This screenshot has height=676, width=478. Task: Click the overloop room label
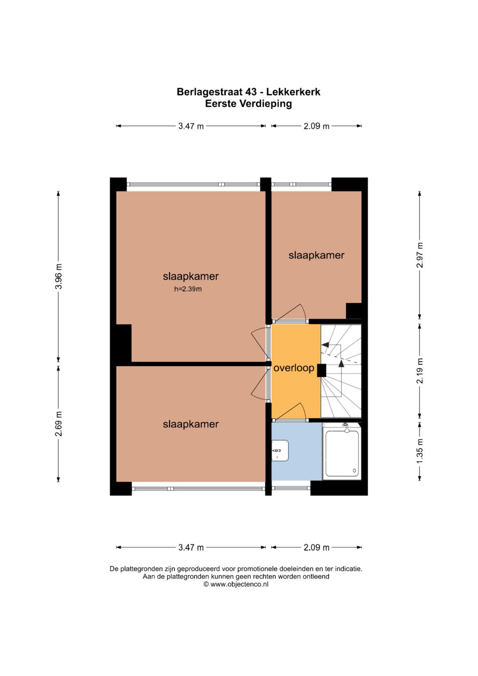[293, 368]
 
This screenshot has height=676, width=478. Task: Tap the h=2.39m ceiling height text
[188, 289]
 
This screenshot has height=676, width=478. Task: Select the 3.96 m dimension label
[58, 276]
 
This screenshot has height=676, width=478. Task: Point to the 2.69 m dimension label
[58, 424]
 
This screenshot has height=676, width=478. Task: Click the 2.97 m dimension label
[420, 255]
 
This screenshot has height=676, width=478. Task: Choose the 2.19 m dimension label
[420, 371]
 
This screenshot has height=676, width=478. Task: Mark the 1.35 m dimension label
[420, 451]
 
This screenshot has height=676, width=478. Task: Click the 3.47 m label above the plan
[191, 126]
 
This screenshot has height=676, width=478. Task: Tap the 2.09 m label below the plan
[316, 548]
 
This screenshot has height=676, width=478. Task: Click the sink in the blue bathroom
[280, 451]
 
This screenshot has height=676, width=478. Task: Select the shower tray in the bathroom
[342, 451]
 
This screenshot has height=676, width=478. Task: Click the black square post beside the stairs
[321, 371]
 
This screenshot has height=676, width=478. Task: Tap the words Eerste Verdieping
[248, 104]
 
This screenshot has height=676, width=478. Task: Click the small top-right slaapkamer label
[316, 255]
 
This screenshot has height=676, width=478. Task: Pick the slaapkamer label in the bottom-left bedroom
[191, 424]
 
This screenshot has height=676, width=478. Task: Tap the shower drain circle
[354, 471]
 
